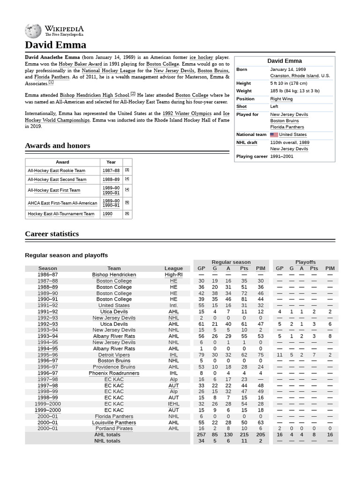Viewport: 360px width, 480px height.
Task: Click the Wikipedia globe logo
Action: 33,31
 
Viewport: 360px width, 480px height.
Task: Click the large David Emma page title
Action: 55,45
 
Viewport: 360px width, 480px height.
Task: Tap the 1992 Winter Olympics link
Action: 187,113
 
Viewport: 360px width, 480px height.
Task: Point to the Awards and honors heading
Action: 57,146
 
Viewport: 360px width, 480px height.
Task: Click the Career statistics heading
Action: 52,234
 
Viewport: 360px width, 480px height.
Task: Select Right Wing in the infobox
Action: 282,99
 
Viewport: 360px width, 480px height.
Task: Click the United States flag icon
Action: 274,135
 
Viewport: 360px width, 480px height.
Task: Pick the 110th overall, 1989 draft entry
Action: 289,142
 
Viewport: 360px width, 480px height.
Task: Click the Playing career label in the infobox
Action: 252,157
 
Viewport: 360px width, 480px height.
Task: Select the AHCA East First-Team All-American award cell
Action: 62,203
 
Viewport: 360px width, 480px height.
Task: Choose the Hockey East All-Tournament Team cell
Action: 61,214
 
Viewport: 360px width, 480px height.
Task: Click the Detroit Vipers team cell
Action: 114,355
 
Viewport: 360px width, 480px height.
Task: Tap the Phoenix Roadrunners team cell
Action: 114,373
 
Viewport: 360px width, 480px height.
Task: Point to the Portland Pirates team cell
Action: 114,428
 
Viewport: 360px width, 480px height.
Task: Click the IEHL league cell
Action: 173,404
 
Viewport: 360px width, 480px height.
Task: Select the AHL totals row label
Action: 107,435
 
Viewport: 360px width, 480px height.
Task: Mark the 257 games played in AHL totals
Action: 201,435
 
